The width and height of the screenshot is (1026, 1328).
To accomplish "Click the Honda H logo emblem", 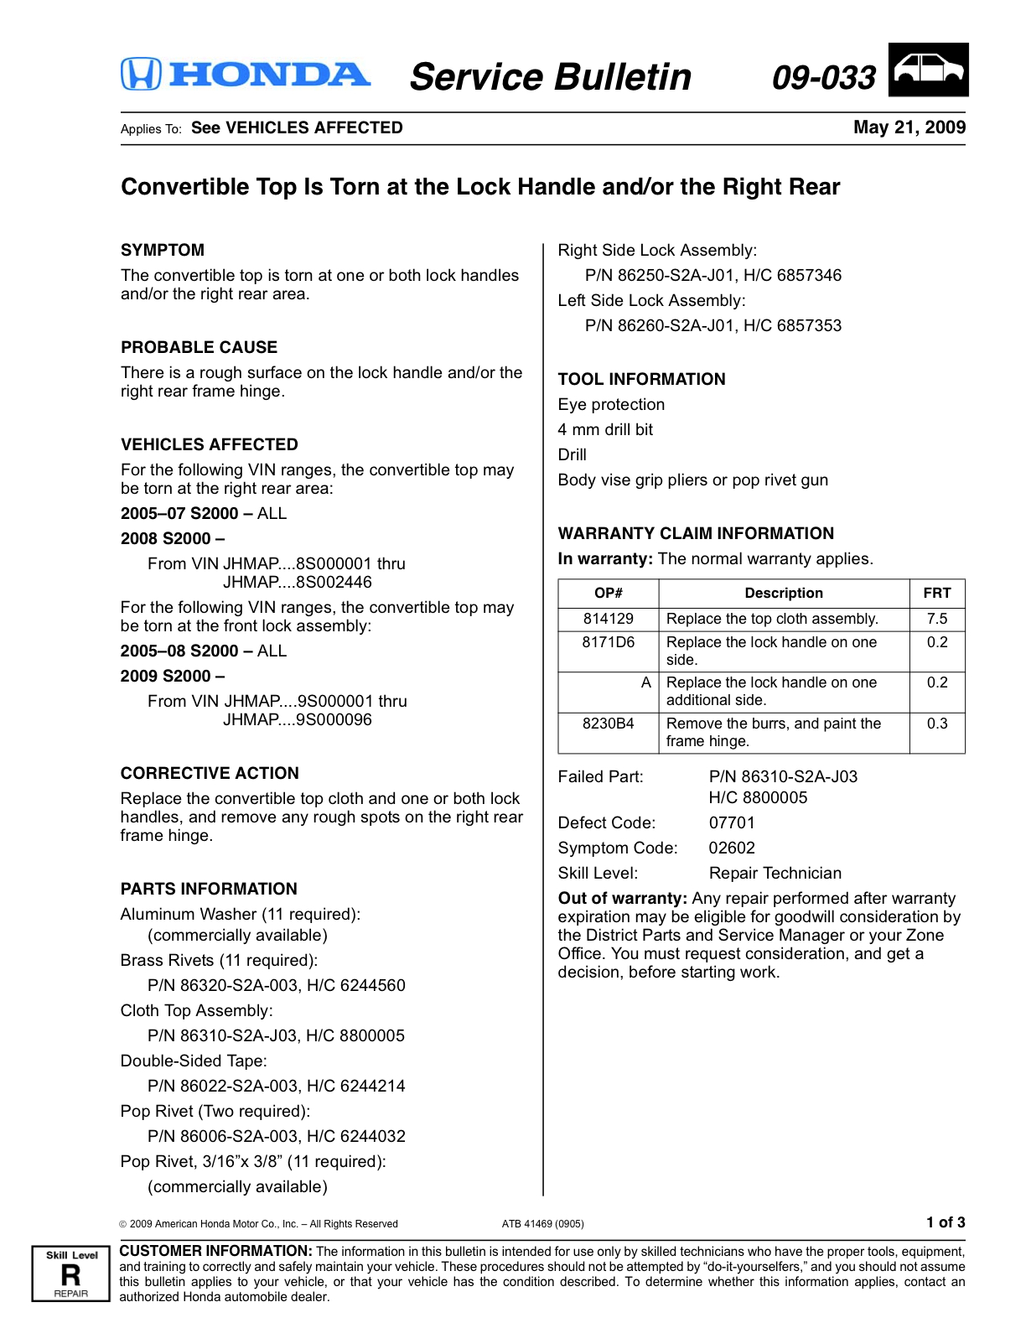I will [x=141, y=74].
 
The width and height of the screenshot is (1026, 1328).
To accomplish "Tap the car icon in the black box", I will [x=928, y=70].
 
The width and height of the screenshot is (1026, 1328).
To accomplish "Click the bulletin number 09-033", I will [x=823, y=77].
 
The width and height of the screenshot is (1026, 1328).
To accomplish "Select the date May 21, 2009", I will [x=909, y=127].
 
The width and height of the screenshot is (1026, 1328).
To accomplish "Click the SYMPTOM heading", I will [x=163, y=250].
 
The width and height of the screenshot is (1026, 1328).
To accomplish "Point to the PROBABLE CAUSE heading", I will [x=199, y=347].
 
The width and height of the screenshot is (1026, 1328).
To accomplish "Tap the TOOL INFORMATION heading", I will [x=641, y=379].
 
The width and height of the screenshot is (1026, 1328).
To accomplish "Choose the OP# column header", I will [x=609, y=593].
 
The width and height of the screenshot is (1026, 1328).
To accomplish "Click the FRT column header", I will [x=936, y=593].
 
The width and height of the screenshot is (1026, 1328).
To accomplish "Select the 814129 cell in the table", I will [x=609, y=619].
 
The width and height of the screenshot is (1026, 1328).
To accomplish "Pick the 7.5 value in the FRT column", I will [x=936, y=619].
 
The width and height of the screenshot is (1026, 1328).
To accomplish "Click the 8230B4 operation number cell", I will [x=609, y=724].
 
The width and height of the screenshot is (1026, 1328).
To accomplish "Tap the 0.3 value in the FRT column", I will [x=936, y=724].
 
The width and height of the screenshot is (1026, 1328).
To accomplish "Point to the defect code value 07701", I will [x=732, y=822].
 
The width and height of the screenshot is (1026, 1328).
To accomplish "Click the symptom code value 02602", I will [x=732, y=848].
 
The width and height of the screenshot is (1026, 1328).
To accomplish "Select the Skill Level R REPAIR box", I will [x=71, y=1274].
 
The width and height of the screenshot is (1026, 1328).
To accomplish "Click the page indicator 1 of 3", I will [x=946, y=1222].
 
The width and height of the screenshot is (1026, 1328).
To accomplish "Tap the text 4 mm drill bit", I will [x=605, y=429].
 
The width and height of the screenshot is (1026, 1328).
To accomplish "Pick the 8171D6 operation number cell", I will [x=609, y=642].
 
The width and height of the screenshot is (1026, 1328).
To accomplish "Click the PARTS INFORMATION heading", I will [x=209, y=889].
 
